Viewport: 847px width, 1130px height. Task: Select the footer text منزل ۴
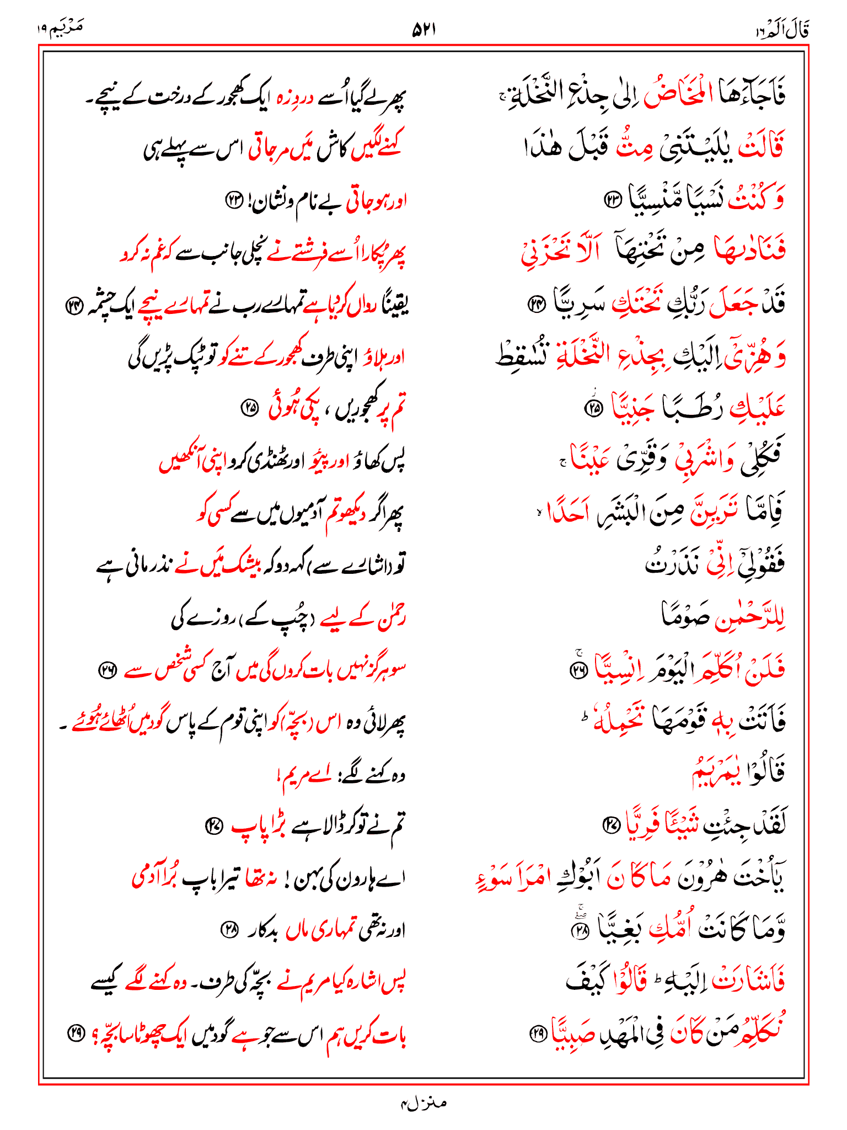coord(423,1103)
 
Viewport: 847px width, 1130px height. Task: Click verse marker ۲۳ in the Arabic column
coord(613,199)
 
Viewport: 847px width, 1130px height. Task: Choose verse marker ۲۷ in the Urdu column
coord(213,825)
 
